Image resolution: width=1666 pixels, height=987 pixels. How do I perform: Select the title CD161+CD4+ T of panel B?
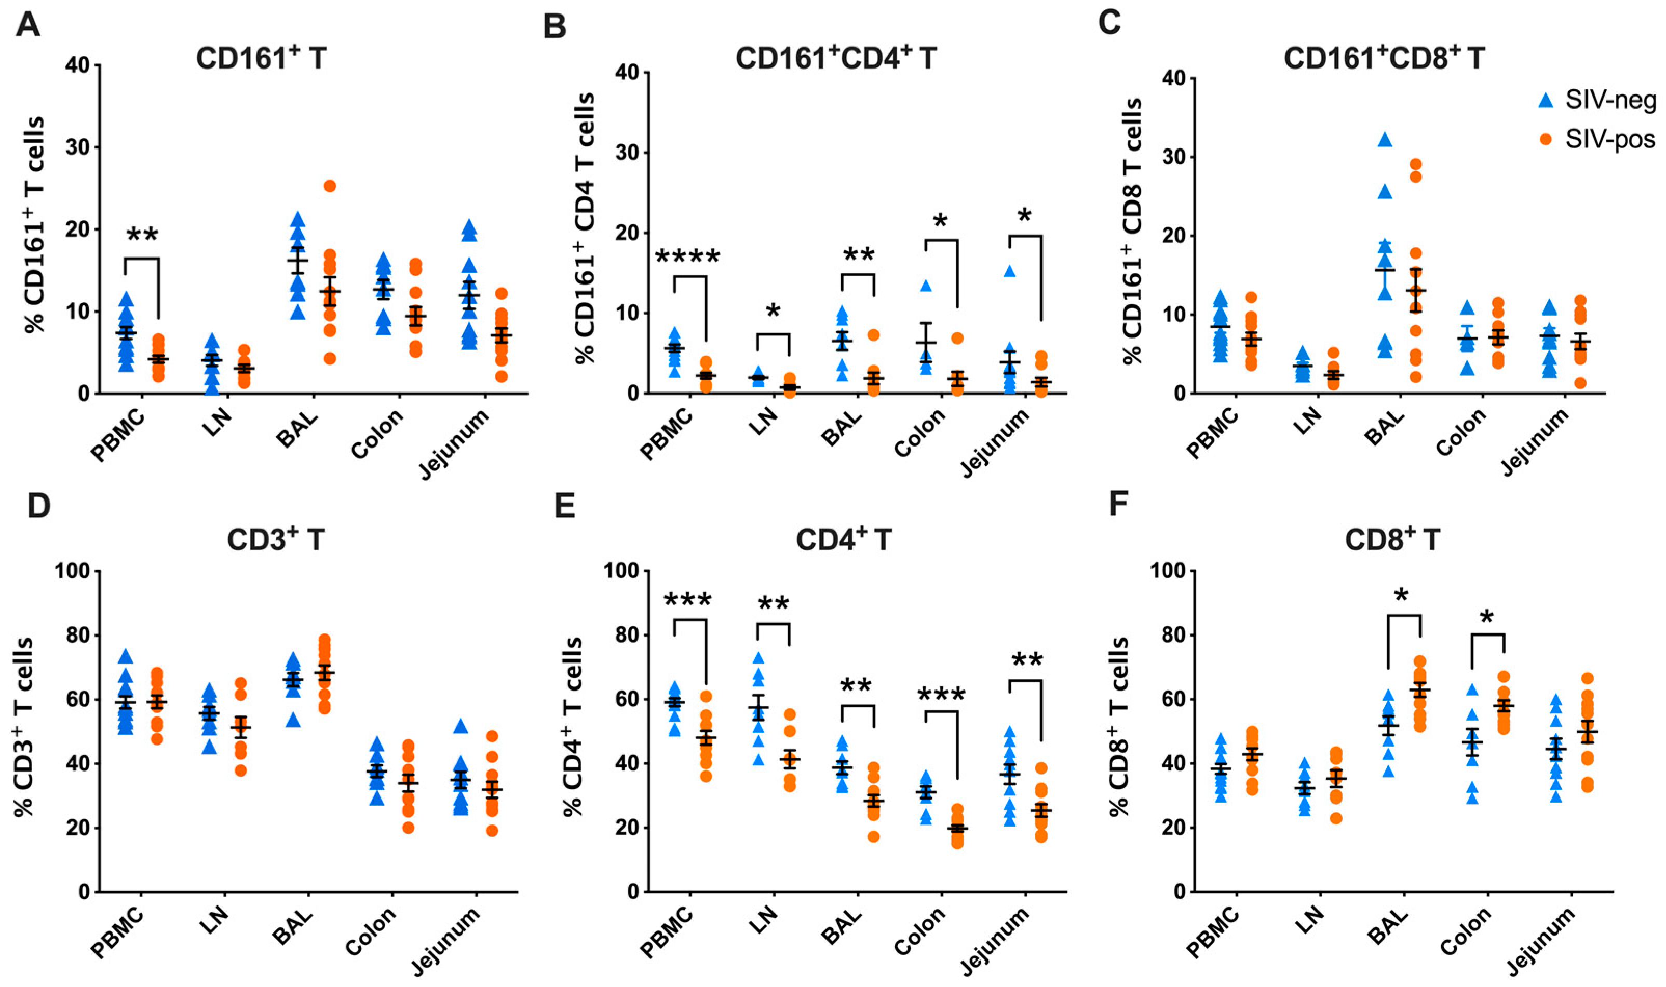coord(835,59)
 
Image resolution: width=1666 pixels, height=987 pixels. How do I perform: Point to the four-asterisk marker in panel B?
coord(688,256)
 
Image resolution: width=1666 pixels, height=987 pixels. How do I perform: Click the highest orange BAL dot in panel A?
coord(330,185)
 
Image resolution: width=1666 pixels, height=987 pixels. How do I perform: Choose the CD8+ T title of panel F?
coord(1392,540)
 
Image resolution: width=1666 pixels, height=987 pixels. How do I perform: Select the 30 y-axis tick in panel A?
coord(77,147)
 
